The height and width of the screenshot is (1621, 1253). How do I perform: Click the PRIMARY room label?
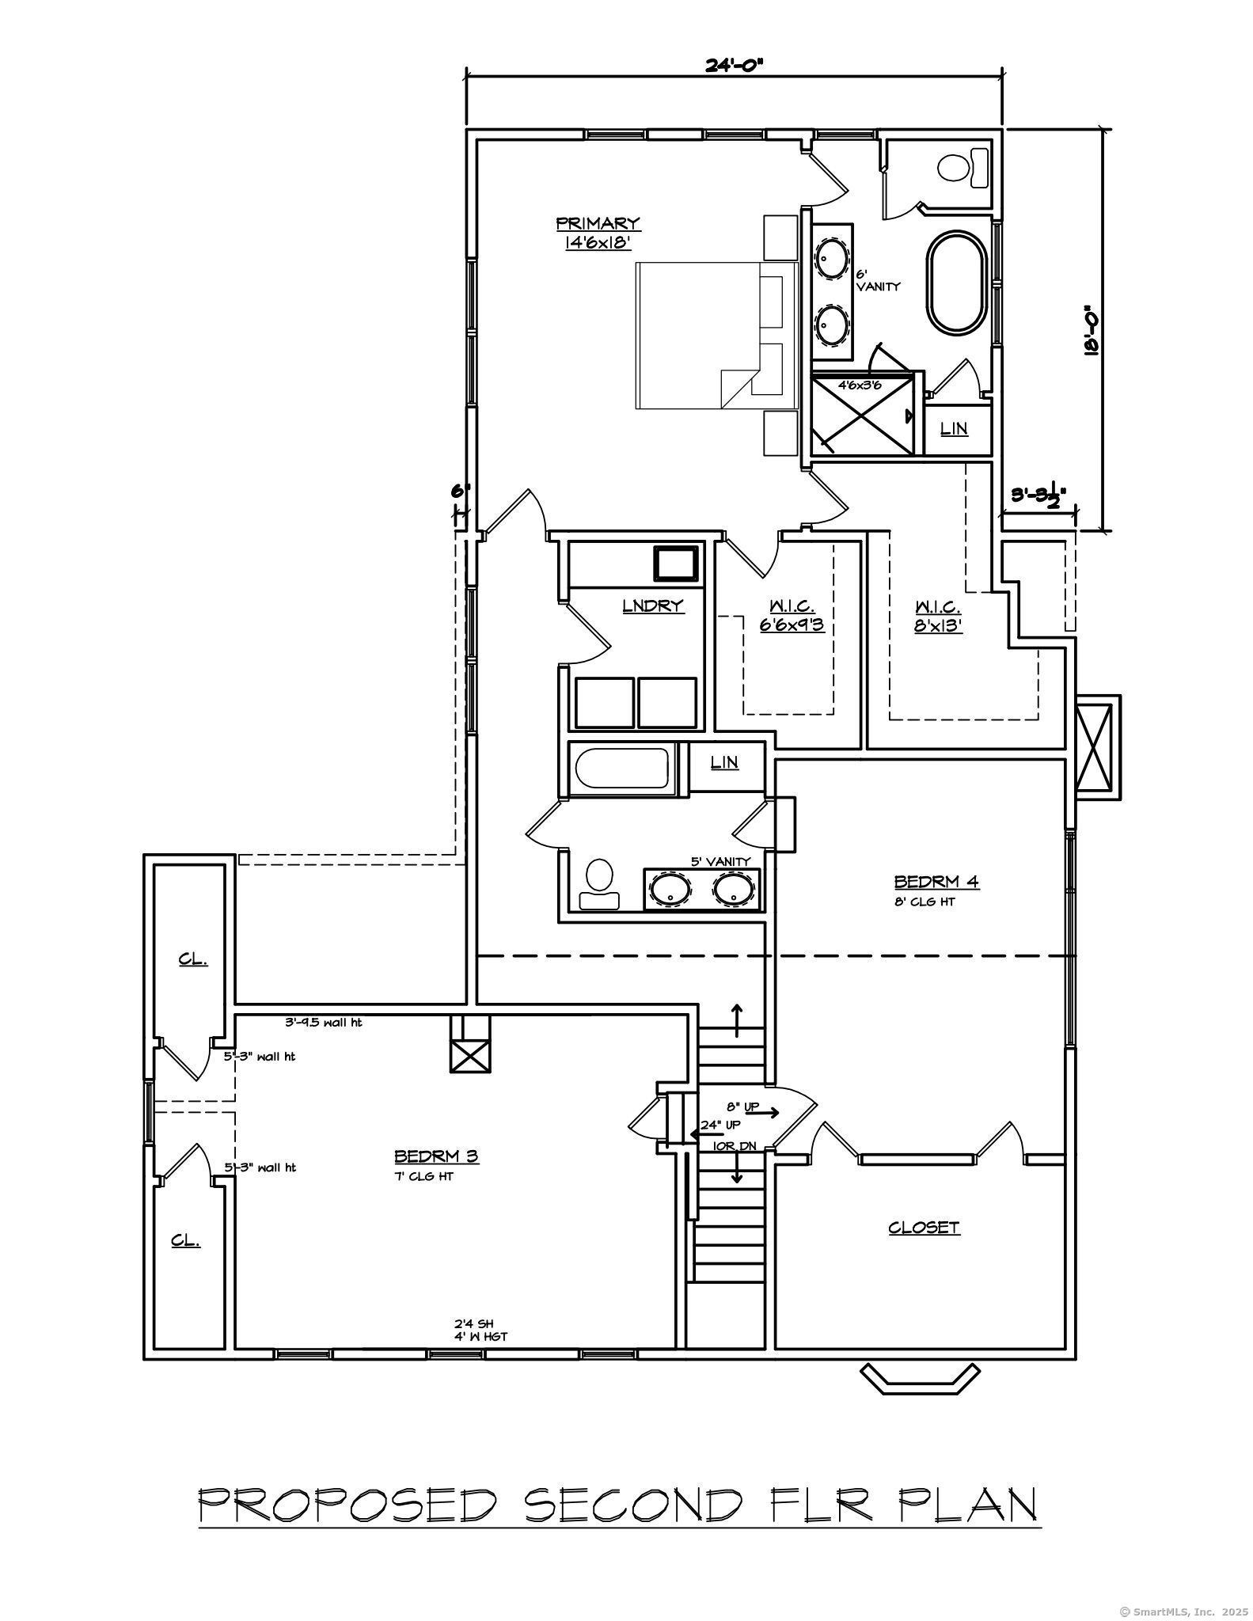(x=598, y=224)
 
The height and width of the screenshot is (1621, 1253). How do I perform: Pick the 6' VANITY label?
(x=877, y=280)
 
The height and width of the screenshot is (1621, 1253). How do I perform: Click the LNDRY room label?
(x=653, y=606)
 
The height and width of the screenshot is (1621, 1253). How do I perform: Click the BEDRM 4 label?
(x=936, y=882)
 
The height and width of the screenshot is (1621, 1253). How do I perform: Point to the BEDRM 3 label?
(x=436, y=1156)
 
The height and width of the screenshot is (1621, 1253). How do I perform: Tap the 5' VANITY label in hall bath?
(x=720, y=861)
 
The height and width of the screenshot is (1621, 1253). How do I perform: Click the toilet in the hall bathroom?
(x=599, y=883)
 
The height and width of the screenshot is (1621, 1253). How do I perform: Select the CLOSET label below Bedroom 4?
(x=924, y=1228)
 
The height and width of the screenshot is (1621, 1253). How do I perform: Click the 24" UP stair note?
(x=720, y=1125)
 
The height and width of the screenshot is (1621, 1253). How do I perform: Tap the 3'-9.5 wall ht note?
(x=323, y=1022)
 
